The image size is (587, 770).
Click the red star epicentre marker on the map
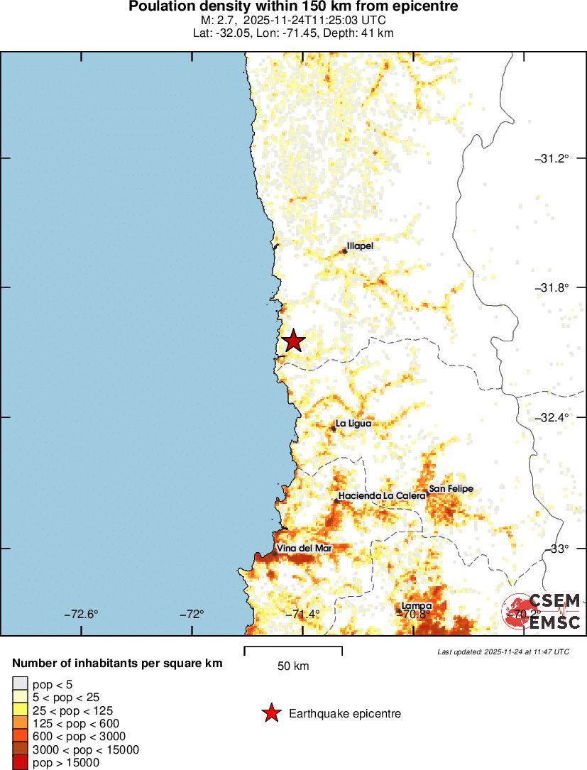pyautogui.click(x=292, y=341)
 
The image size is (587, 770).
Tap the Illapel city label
pyautogui.click(x=360, y=246)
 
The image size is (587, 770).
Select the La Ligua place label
pyautogui.click(x=353, y=424)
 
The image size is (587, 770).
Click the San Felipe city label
pyautogui.click(x=451, y=489)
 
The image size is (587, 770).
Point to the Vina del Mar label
pyautogui.click(x=304, y=549)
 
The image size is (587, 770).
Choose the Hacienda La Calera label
pyautogui.click(x=381, y=495)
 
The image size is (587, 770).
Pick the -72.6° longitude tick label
pyautogui.click(x=81, y=615)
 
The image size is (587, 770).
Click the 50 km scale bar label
pyautogui.click(x=292, y=666)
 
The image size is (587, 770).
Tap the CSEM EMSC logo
pyautogui.click(x=542, y=612)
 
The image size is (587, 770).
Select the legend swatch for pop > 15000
pyautogui.click(x=21, y=762)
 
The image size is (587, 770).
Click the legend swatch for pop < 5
pyautogui.click(x=21, y=684)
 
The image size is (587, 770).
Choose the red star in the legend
pyautogui.click(x=270, y=713)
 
